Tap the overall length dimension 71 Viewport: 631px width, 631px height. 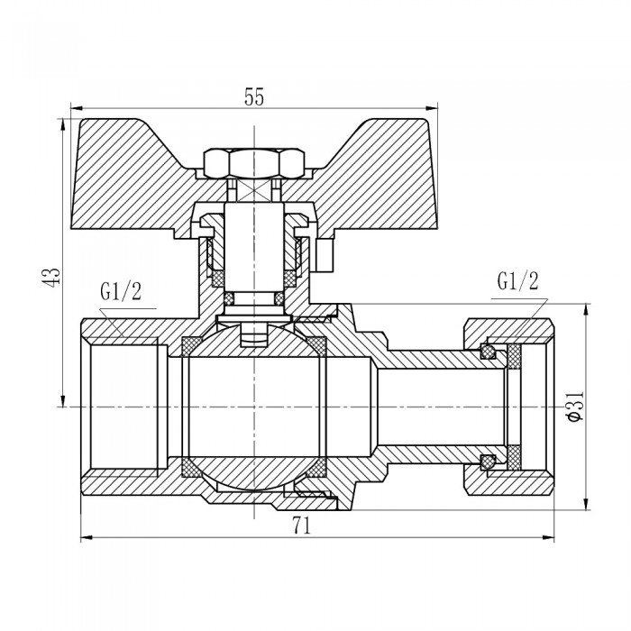click(301, 528)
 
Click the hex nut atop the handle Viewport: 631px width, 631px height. click(253, 163)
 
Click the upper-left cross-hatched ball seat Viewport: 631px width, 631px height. click(192, 345)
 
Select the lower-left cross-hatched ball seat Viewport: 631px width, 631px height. click(192, 468)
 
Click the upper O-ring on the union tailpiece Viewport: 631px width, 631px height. click(489, 351)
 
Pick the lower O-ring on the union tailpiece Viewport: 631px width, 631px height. click(489, 462)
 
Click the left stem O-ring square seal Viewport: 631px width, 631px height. click(229, 297)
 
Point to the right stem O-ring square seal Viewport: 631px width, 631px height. click(279, 297)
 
